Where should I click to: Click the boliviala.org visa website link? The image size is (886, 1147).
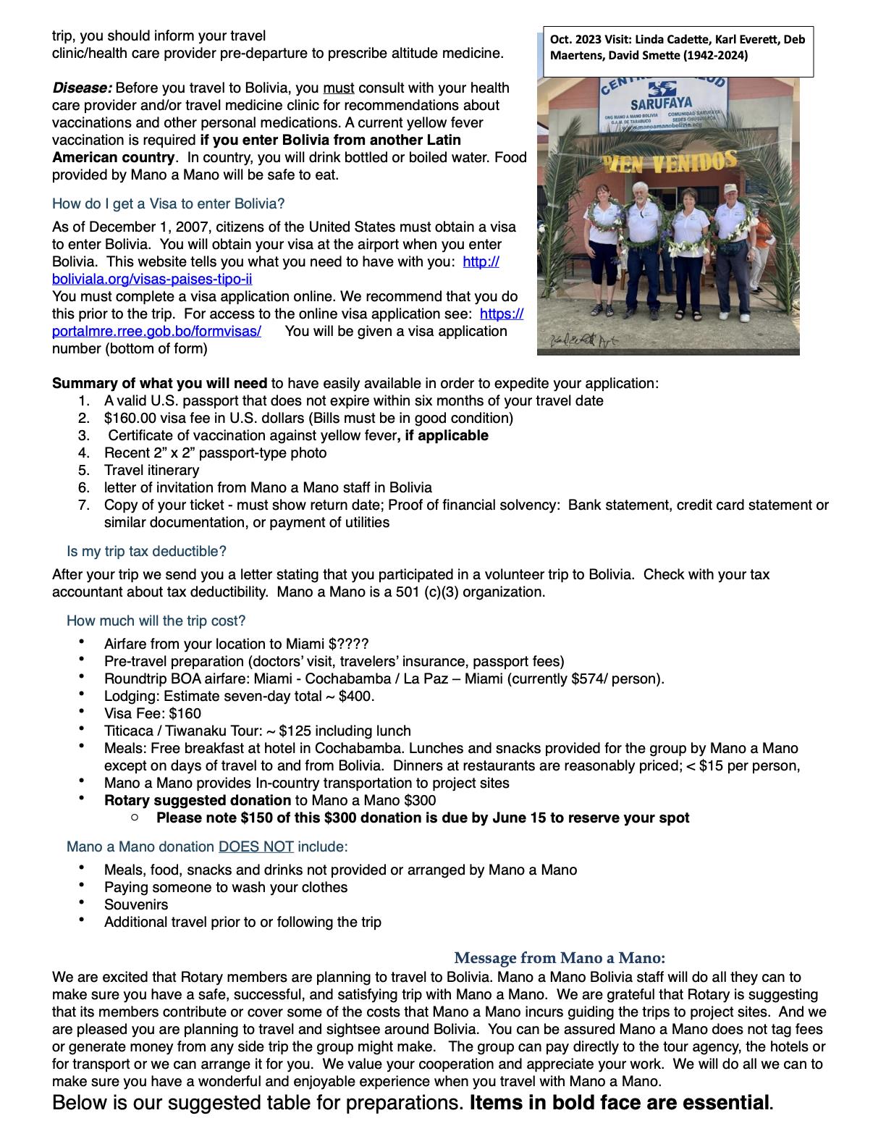click(152, 279)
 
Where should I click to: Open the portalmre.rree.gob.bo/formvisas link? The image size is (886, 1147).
click(156, 331)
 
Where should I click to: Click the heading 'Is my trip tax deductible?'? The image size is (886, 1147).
click(146, 551)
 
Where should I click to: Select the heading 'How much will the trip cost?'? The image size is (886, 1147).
click(156, 621)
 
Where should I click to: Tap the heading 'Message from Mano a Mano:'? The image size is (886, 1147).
click(559, 958)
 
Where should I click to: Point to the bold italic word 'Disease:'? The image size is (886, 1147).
click(82, 88)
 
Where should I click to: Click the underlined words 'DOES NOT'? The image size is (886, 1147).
click(256, 846)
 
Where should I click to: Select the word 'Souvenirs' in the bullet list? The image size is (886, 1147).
click(136, 904)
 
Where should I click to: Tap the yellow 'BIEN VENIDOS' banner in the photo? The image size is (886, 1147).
click(670, 161)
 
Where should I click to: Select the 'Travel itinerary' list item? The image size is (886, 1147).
click(151, 470)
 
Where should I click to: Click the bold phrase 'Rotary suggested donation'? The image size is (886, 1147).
click(198, 800)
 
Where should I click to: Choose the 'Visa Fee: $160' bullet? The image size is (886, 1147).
click(153, 713)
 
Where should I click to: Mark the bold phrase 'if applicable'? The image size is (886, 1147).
click(446, 435)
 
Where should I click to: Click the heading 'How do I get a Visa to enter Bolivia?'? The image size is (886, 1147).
click(168, 203)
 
